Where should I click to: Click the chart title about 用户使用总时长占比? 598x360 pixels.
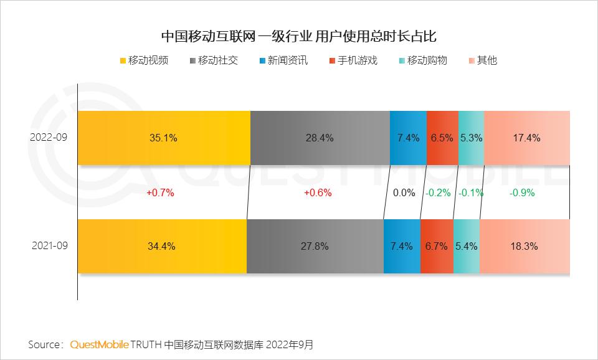[x=298, y=36]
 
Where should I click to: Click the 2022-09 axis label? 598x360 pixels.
[x=49, y=138]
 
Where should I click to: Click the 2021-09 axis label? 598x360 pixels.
[x=49, y=246]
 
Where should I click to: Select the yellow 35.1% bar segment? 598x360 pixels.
[x=164, y=138]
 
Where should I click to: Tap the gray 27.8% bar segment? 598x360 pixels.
[x=315, y=246]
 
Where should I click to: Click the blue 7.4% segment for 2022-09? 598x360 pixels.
[x=408, y=138]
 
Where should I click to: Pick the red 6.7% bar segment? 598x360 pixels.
[x=436, y=246]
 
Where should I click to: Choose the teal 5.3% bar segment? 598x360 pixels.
[x=471, y=138]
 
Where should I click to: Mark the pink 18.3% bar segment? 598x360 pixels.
[x=524, y=246]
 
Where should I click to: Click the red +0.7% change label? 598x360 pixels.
[x=160, y=193]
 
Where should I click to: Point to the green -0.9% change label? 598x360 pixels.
[x=522, y=193]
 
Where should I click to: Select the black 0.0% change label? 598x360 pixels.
[x=404, y=193]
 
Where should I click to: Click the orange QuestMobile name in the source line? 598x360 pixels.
[x=100, y=344]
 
